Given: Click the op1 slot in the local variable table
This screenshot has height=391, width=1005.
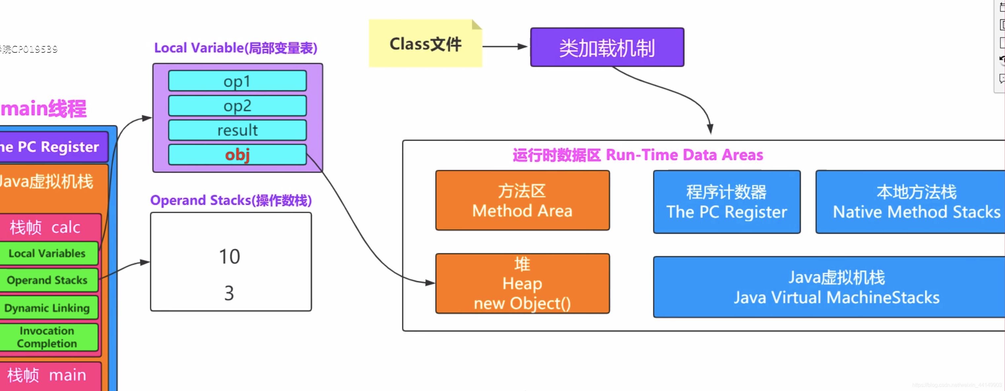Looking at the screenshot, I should (237, 81).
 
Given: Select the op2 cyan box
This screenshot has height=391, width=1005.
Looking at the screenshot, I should (237, 105).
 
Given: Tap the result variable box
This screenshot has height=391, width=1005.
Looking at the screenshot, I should (237, 130).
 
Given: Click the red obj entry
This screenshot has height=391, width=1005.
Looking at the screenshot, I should (237, 155).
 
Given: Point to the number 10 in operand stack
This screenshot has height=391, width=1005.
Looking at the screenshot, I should (229, 256).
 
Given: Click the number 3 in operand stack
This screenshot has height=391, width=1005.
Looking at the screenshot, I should (229, 293).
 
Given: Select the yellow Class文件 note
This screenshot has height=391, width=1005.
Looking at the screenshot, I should (425, 44).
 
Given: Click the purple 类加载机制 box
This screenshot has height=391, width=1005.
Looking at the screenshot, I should (607, 47).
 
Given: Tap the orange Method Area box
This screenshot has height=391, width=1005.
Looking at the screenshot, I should (522, 200).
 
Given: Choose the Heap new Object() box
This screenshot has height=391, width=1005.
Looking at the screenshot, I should (522, 284).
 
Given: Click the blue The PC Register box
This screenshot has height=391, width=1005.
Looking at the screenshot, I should (727, 202).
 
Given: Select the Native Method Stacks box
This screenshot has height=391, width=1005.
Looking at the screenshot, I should (913, 202).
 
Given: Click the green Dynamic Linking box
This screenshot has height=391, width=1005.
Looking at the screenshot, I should (48, 308).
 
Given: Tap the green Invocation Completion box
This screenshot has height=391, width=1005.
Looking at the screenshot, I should (48, 337).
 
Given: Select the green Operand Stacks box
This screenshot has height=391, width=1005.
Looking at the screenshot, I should (48, 280).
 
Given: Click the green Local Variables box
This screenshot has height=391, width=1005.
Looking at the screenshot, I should (48, 254).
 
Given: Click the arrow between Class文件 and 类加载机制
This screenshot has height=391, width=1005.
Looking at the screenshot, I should (505, 46).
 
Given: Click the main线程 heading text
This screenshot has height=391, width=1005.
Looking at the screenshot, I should (44, 108).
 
